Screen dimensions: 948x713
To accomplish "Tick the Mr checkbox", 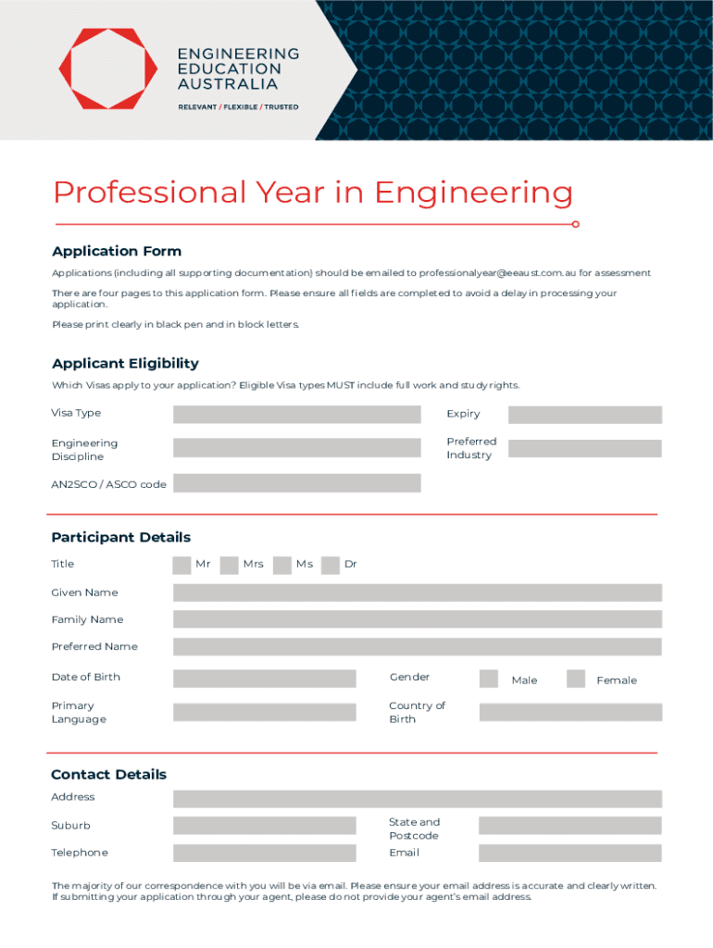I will pos(181,565).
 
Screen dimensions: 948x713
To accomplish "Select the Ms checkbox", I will pos(281,565).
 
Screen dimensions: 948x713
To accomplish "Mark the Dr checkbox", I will pos(331,565).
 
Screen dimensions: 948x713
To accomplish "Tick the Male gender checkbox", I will pos(489,679).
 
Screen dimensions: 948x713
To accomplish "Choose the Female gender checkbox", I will pos(576,679).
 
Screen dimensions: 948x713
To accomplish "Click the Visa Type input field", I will pos(296,414).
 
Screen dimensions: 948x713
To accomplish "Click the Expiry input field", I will pos(584,415).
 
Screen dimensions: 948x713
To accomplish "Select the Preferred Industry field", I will pos(584,449).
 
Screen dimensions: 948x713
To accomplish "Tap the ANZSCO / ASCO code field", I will pos(296,483).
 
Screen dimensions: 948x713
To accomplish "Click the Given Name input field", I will pos(417,592).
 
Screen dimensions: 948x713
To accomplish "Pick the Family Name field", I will pos(417,619).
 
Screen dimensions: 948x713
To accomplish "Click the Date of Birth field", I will pos(264,679).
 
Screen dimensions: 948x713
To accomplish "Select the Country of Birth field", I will pos(570,712).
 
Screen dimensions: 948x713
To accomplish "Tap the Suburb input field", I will pos(264,826).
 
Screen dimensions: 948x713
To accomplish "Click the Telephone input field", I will pos(264,853).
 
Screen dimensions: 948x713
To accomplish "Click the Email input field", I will pos(570,853).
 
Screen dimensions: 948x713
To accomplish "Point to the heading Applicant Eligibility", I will pos(125,364).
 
